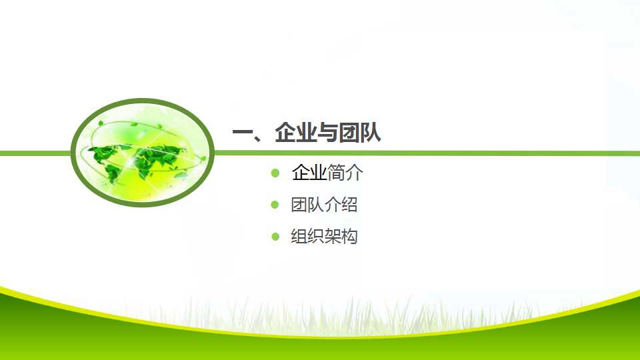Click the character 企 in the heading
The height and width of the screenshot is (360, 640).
pos(285,132)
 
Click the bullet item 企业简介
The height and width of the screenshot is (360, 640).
pos(327,173)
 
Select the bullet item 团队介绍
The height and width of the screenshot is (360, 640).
pos(324,205)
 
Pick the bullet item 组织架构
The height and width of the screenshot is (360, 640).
pos(324,236)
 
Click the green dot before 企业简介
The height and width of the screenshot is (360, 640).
pos(275,173)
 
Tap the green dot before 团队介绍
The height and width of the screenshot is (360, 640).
pos(275,205)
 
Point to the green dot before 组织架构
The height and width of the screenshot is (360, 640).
pos(275,236)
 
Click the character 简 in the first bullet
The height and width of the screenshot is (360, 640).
pos(336,173)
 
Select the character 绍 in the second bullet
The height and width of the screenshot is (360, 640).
pos(349,205)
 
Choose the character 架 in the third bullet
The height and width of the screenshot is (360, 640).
pos(333,236)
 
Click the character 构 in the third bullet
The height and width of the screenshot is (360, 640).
pos(349,236)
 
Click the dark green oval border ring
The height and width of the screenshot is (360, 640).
pos(143,101)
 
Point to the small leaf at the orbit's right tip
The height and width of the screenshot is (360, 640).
pos(203,159)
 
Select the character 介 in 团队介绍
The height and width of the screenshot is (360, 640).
pos(333,205)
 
